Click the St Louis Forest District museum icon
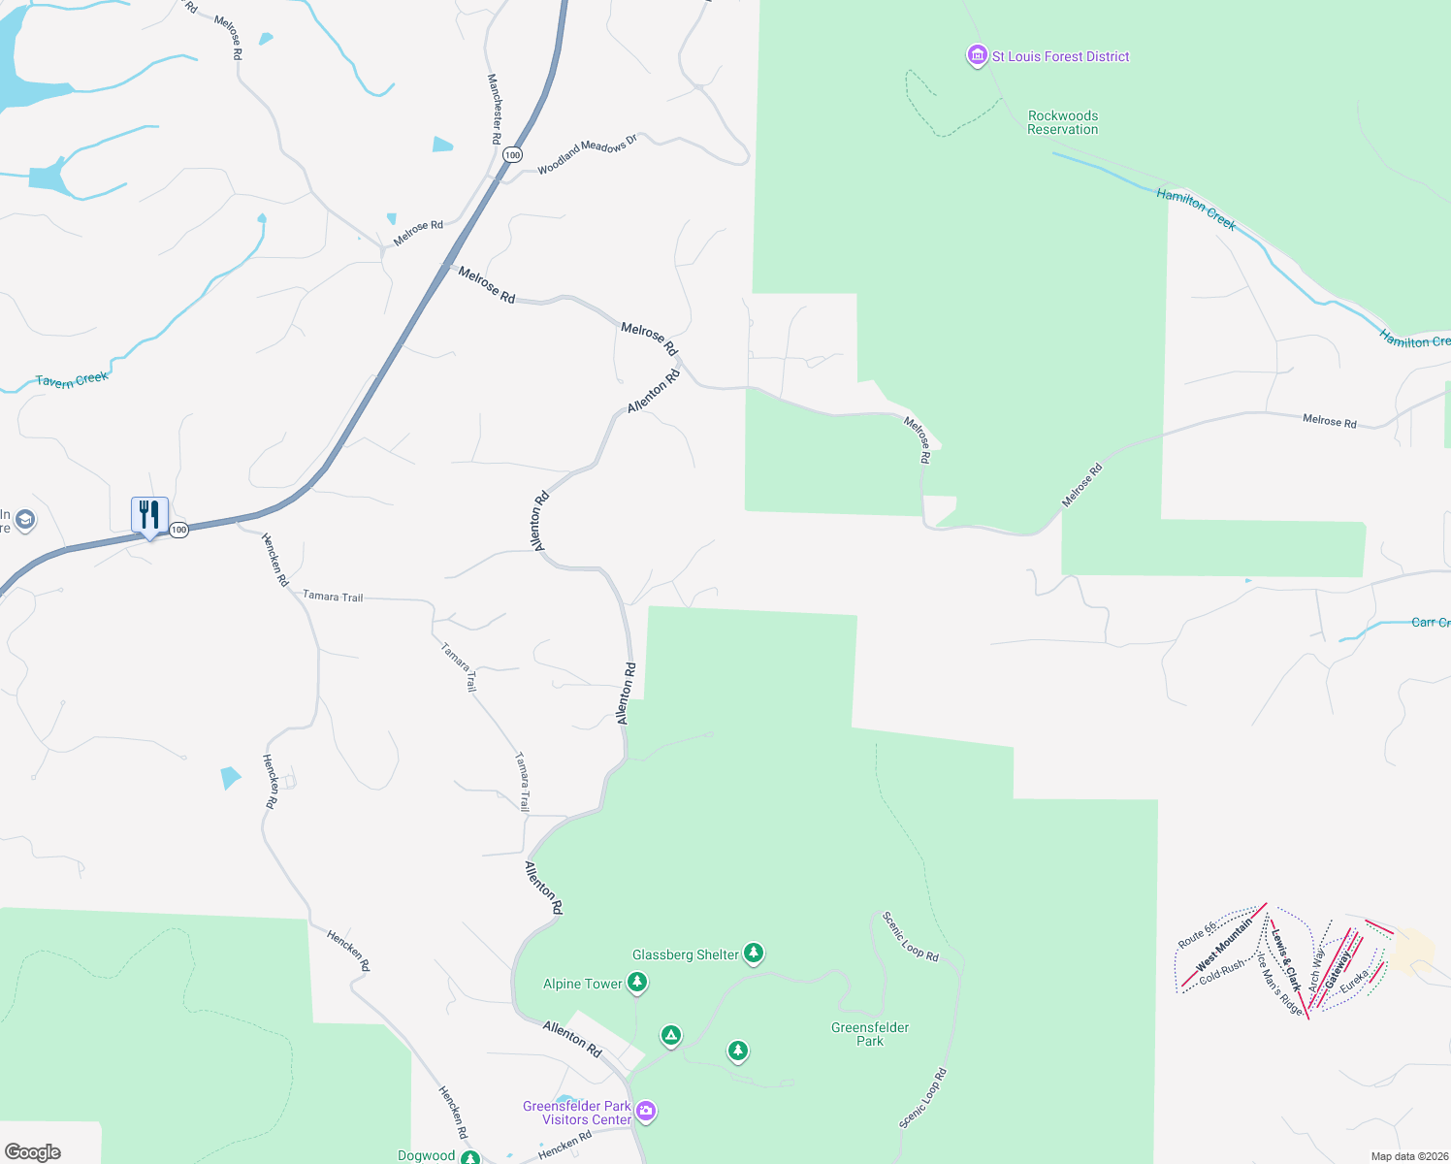point(977,56)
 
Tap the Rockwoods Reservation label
point(1063,122)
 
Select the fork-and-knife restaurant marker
point(149,515)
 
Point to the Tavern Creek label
point(72,380)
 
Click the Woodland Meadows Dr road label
point(588,154)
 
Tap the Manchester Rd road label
point(495,109)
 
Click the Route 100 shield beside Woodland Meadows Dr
point(512,155)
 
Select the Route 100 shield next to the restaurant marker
point(178,530)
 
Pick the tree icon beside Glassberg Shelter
point(754,954)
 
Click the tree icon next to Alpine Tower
point(637,983)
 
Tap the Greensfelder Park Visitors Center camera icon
point(646,1112)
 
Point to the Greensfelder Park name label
point(870,1034)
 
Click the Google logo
point(33,1152)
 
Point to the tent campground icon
point(670,1036)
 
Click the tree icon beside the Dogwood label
point(470,1157)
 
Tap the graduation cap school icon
point(25,520)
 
